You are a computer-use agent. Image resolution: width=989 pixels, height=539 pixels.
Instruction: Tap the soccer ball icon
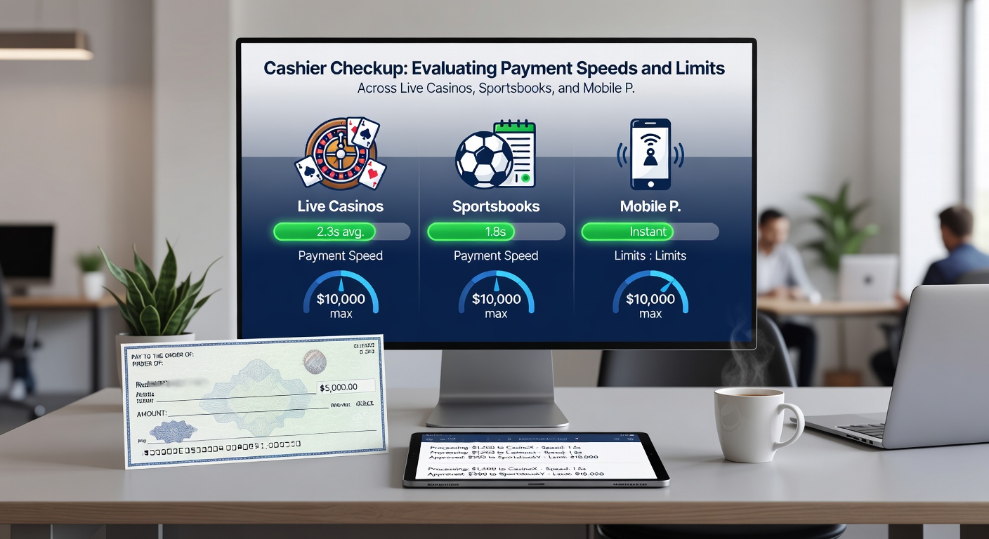(x=483, y=160)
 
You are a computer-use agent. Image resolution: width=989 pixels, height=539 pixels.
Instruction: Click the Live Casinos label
(x=341, y=206)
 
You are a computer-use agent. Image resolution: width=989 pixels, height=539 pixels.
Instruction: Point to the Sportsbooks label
(x=496, y=206)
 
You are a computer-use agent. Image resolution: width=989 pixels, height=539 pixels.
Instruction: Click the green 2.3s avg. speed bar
(x=325, y=232)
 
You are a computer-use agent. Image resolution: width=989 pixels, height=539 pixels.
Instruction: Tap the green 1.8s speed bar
(x=471, y=232)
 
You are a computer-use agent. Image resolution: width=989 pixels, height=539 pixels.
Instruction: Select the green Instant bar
(x=628, y=232)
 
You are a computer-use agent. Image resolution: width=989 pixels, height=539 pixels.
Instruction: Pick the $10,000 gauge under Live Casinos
(x=341, y=298)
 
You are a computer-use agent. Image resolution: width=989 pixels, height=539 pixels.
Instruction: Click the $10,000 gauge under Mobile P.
(x=650, y=298)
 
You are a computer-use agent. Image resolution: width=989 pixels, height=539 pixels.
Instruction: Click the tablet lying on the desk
(x=535, y=459)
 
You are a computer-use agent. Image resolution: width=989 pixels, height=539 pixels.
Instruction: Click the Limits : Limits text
(x=650, y=255)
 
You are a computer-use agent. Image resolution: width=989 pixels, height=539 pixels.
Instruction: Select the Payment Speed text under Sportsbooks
(x=496, y=255)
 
